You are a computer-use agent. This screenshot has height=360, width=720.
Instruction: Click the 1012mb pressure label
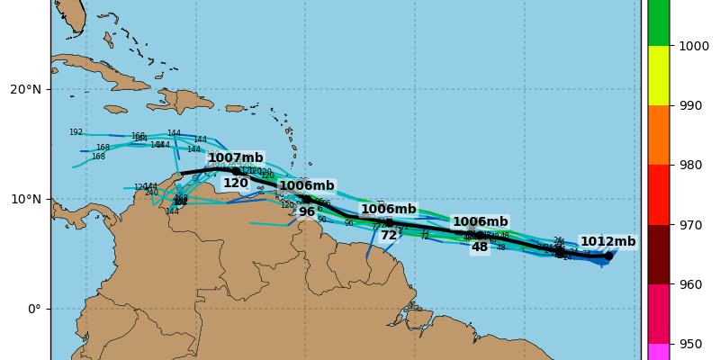607,241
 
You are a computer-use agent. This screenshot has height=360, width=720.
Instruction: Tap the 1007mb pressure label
236,157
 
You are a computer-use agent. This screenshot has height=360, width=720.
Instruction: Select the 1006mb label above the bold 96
307,185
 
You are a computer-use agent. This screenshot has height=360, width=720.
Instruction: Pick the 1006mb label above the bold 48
480,221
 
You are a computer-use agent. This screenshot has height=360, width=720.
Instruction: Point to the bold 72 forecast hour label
389,235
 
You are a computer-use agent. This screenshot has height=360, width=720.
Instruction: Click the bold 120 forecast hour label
236,183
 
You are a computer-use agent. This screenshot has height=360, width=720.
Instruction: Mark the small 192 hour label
76,132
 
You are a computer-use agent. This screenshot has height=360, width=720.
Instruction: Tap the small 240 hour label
151,193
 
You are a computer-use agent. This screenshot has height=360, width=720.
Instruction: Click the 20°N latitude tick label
25,89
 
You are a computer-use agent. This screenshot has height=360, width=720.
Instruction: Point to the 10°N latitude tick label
25,199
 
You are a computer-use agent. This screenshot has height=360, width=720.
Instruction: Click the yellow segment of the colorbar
659,75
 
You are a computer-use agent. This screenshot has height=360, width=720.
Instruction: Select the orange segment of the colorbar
659,134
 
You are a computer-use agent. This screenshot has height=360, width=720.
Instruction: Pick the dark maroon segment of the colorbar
659,254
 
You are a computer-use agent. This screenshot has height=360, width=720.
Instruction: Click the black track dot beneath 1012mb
608,256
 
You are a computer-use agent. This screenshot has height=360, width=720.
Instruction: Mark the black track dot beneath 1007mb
236,171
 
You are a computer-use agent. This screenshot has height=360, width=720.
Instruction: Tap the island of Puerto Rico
235,108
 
